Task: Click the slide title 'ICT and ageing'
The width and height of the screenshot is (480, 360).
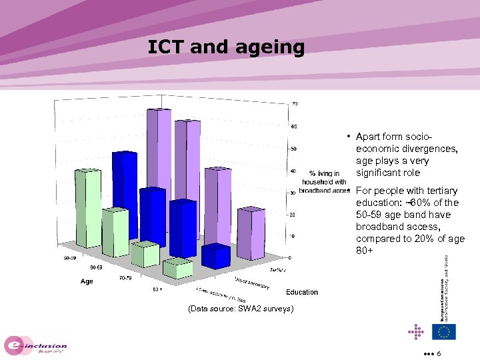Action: [226, 47]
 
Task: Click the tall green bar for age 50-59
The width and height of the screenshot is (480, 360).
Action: [89, 207]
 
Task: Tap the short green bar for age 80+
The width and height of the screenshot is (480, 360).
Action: [178, 268]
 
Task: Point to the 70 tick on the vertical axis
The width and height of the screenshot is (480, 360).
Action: [294, 104]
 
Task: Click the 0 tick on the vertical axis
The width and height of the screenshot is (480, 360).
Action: [289, 257]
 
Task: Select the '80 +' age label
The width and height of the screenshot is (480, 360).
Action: [159, 289]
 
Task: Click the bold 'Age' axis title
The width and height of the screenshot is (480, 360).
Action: [87, 281]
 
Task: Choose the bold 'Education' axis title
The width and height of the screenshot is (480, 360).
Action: [302, 292]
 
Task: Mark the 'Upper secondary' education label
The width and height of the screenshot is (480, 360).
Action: [252, 283]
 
